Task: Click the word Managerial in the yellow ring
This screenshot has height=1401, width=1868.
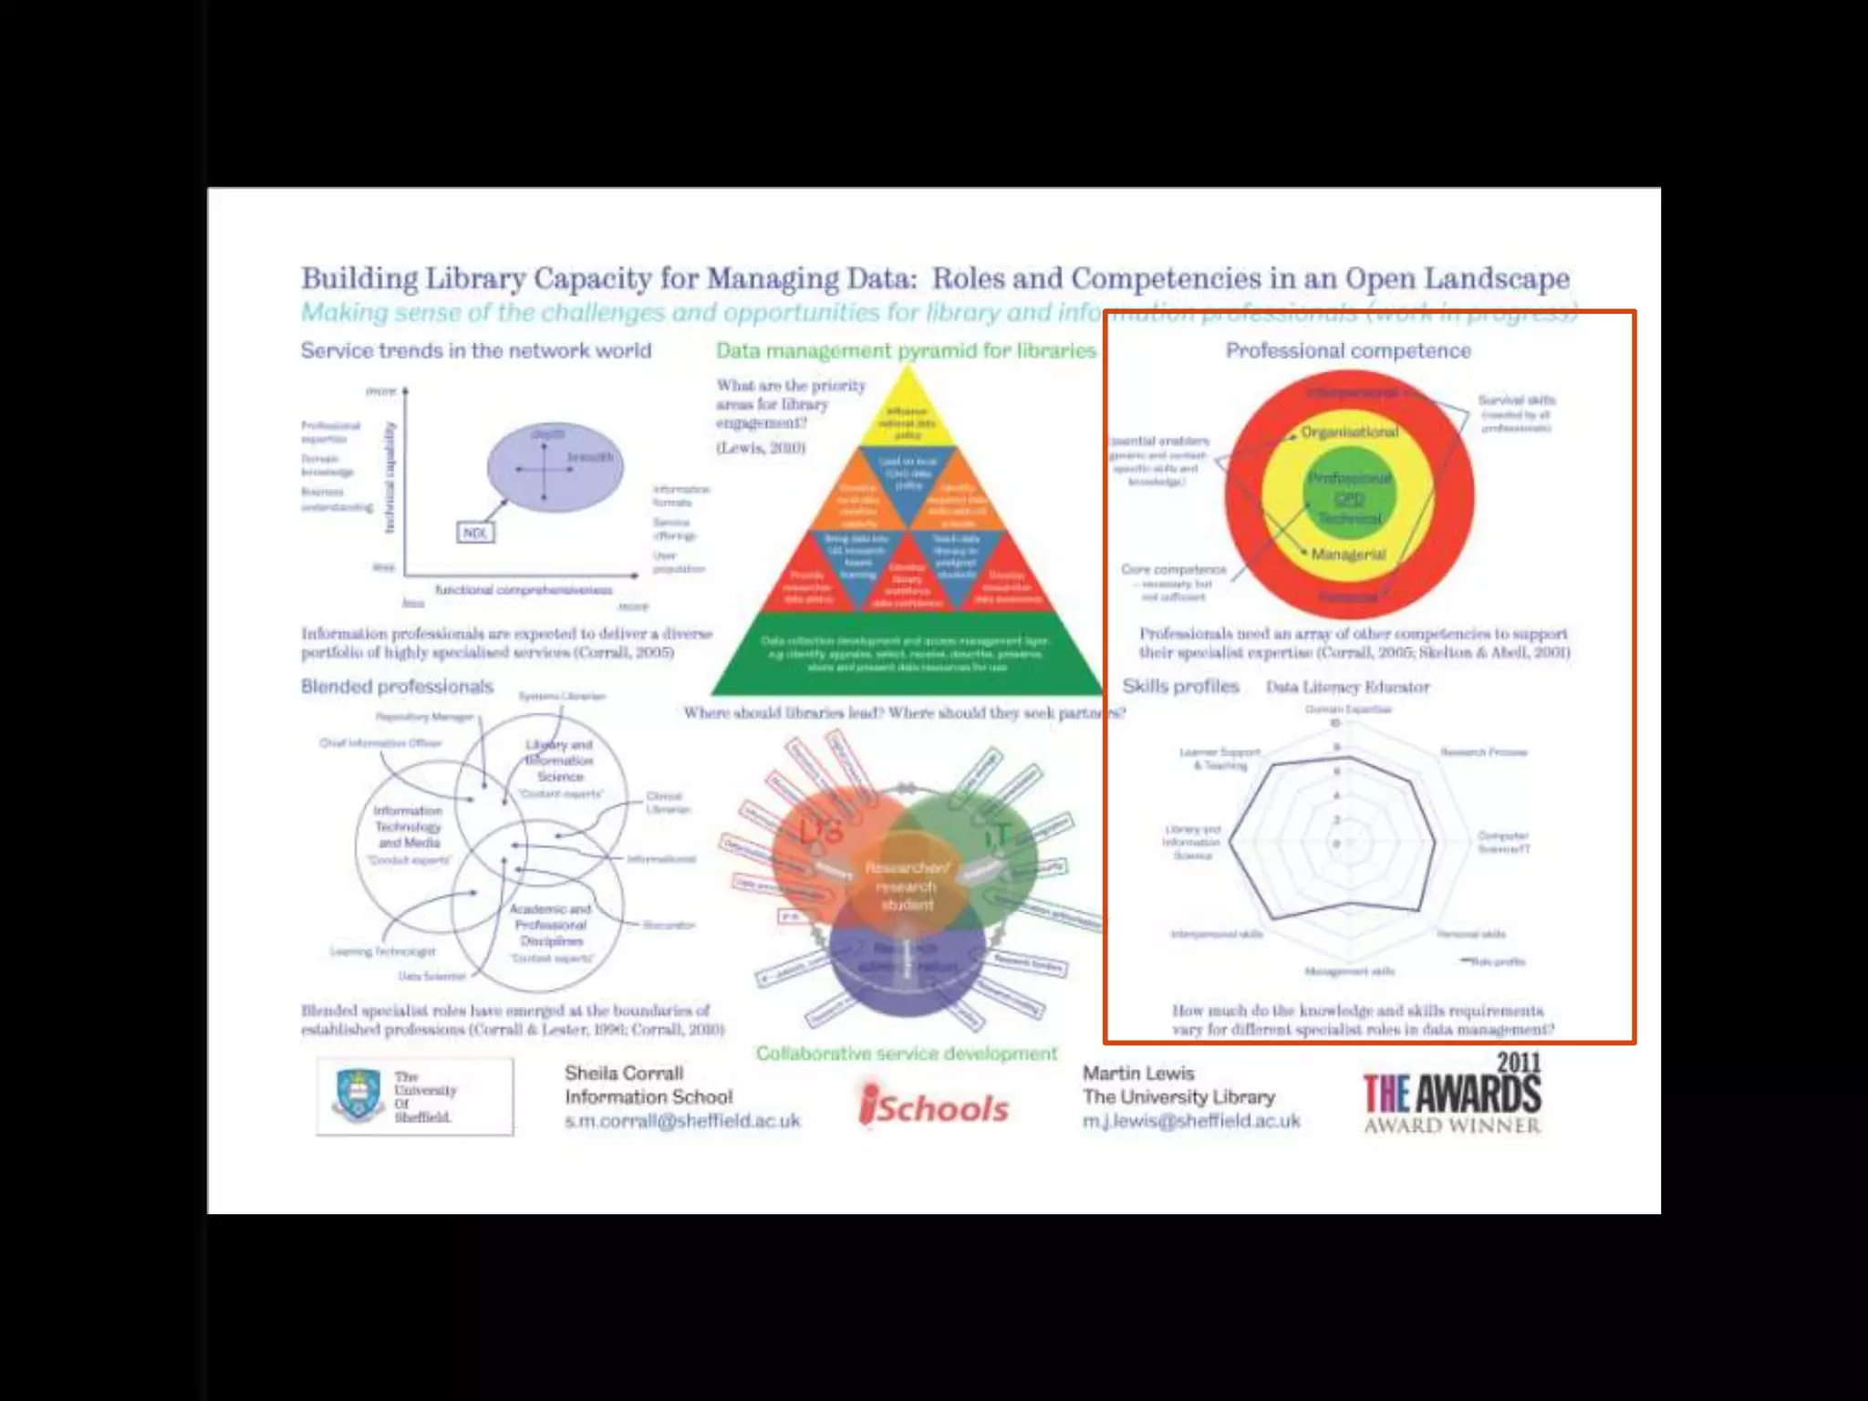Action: pyautogui.click(x=1348, y=555)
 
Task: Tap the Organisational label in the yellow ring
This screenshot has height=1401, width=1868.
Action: pyautogui.click(x=1349, y=431)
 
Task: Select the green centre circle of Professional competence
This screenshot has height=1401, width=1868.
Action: pyautogui.click(x=1349, y=498)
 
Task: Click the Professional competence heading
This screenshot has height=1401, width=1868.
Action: pyautogui.click(x=1348, y=351)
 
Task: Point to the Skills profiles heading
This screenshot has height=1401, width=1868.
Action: pyautogui.click(x=1180, y=687)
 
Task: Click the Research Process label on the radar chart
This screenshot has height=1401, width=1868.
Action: pyautogui.click(x=1483, y=752)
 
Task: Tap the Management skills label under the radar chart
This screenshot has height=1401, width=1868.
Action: pyautogui.click(x=1349, y=971)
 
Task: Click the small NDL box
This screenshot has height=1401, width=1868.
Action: pyautogui.click(x=475, y=533)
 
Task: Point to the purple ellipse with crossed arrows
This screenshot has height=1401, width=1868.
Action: pyautogui.click(x=555, y=467)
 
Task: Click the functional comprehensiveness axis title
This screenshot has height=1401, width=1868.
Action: pyautogui.click(x=524, y=590)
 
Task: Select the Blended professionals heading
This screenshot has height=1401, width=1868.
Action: pyautogui.click(x=397, y=687)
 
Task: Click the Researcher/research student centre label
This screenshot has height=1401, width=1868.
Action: pyautogui.click(x=907, y=886)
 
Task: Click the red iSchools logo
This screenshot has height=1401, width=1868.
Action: pyautogui.click(x=934, y=1106)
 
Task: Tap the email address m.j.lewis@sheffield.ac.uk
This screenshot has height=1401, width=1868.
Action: pyautogui.click(x=1191, y=1121)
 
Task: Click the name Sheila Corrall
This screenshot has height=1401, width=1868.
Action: pyautogui.click(x=624, y=1074)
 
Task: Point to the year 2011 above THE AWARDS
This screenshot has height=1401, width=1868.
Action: pyautogui.click(x=1518, y=1063)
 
